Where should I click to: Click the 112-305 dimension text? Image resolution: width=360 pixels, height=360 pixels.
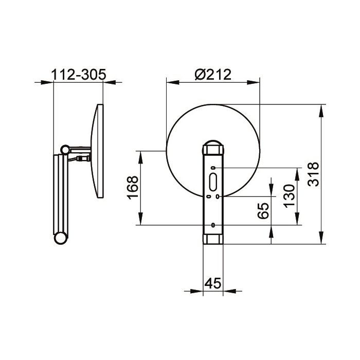[78, 75]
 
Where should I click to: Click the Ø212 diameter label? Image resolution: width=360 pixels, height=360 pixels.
[213, 75]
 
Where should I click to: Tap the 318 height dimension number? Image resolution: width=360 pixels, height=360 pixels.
[313, 174]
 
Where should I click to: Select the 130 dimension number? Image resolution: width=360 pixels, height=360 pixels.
[289, 196]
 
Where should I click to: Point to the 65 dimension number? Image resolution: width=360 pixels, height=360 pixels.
[263, 210]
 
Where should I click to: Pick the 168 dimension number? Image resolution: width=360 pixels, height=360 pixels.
[133, 188]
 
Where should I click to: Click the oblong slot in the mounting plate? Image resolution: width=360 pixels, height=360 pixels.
[213, 182]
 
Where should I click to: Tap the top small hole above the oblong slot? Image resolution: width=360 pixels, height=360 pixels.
[213, 168]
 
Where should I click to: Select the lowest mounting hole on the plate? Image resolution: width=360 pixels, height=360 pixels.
[213, 225]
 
